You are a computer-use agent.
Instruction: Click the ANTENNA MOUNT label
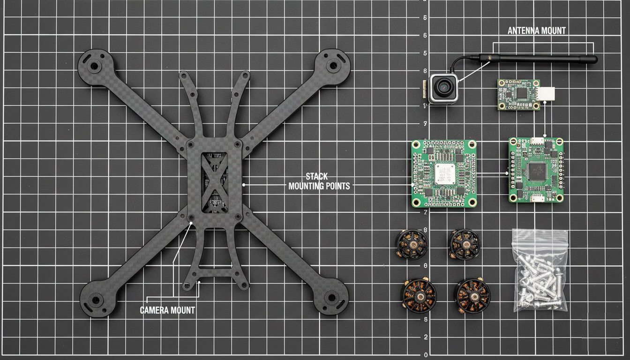(x=537, y=31)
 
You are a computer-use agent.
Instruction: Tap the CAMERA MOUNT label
(x=167, y=310)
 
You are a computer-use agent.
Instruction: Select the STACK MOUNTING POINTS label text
(x=319, y=181)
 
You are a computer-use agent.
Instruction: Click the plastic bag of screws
(x=540, y=271)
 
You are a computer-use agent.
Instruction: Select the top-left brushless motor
(x=412, y=244)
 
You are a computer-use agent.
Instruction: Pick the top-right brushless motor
(x=464, y=244)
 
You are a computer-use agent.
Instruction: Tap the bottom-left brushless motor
(x=419, y=296)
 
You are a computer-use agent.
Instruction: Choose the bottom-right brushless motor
(x=472, y=296)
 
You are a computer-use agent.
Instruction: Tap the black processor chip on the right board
(x=536, y=171)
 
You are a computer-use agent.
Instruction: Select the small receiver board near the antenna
(x=518, y=94)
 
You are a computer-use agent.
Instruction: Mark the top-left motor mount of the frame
(x=94, y=66)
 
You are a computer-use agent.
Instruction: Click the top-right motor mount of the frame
(x=333, y=65)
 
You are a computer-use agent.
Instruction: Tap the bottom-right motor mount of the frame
(x=332, y=297)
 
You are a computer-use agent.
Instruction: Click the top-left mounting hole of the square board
(x=415, y=143)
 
